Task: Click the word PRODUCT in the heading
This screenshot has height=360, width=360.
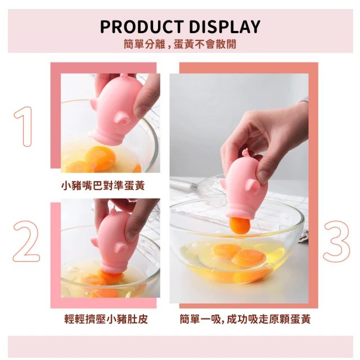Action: point(142,27)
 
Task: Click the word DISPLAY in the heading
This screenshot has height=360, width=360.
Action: point(224,27)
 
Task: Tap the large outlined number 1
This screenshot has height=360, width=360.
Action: point(24,126)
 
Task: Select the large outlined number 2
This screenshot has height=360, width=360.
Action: point(26,241)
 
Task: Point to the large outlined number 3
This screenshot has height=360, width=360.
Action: point(336,241)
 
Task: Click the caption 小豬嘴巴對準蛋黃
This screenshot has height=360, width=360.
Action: point(103,186)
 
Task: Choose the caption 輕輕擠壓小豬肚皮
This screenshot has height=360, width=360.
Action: point(106,319)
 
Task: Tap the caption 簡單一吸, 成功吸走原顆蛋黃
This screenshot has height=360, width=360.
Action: point(245,319)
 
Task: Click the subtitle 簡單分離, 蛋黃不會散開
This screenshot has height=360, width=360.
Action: point(180,44)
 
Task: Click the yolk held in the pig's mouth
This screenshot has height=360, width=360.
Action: point(239,226)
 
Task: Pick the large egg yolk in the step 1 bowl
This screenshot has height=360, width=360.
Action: point(101,157)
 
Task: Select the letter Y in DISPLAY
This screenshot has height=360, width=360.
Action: point(254,27)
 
